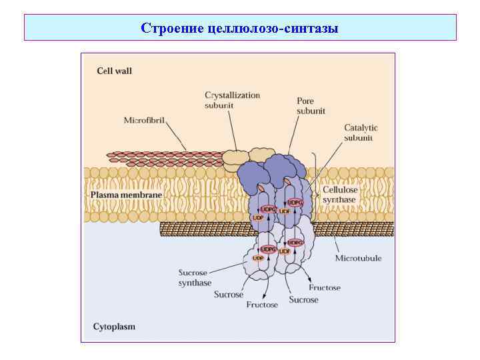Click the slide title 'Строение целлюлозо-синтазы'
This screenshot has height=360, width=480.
coord(240,28)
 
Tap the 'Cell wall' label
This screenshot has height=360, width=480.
coord(115,71)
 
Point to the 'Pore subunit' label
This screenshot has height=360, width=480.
coord(311,106)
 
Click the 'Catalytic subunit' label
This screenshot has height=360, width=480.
coord(361,132)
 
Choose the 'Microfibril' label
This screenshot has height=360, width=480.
coord(144,121)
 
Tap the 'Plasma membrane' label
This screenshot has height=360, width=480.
coord(126,194)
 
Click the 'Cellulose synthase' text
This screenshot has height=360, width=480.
coord(340,194)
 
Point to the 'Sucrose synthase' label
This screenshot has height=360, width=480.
coord(195,277)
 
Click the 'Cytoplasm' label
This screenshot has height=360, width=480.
coord(114,327)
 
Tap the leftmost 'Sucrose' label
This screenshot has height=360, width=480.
coord(229,294)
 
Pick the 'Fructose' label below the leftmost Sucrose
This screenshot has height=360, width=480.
coord(262,305)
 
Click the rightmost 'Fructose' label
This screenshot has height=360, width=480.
coord(324,288)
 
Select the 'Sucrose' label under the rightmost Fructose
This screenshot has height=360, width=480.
coord(303,300)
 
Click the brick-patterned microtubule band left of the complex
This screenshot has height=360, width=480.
coord(200,229)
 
